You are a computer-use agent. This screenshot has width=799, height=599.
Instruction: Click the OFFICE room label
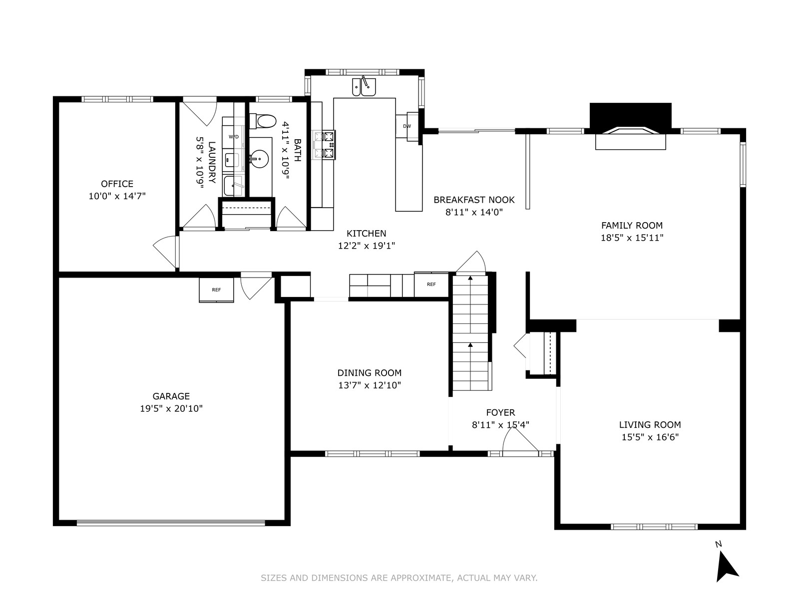point(117,184)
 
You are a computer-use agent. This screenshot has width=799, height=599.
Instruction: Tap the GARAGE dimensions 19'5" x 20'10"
point(171,408)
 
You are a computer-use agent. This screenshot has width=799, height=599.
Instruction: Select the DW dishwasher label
point(407,126)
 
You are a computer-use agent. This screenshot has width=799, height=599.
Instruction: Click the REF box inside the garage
point(216,290)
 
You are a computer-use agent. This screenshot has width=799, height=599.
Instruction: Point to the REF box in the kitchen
point(431,285)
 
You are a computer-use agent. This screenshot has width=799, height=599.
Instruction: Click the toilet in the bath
point(263,121)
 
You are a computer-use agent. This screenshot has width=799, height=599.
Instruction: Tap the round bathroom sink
point(259,159)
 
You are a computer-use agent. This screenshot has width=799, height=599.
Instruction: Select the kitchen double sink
point(364,86)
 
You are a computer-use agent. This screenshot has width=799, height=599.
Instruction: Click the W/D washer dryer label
point(234,137)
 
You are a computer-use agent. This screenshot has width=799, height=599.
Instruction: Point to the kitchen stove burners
point(324,145)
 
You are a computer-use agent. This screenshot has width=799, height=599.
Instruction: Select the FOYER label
point(500,412)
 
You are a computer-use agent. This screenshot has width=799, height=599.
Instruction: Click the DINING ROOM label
point(370,373)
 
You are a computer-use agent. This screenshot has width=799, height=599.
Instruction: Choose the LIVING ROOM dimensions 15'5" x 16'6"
point(650,437)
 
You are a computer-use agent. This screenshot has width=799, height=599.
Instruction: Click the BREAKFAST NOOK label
point(474,200)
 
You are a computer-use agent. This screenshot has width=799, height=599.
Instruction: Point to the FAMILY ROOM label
point(632,225)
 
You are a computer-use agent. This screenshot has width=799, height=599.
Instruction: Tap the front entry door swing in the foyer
point(520,439)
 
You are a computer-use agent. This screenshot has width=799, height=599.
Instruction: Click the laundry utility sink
point(233,186)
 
